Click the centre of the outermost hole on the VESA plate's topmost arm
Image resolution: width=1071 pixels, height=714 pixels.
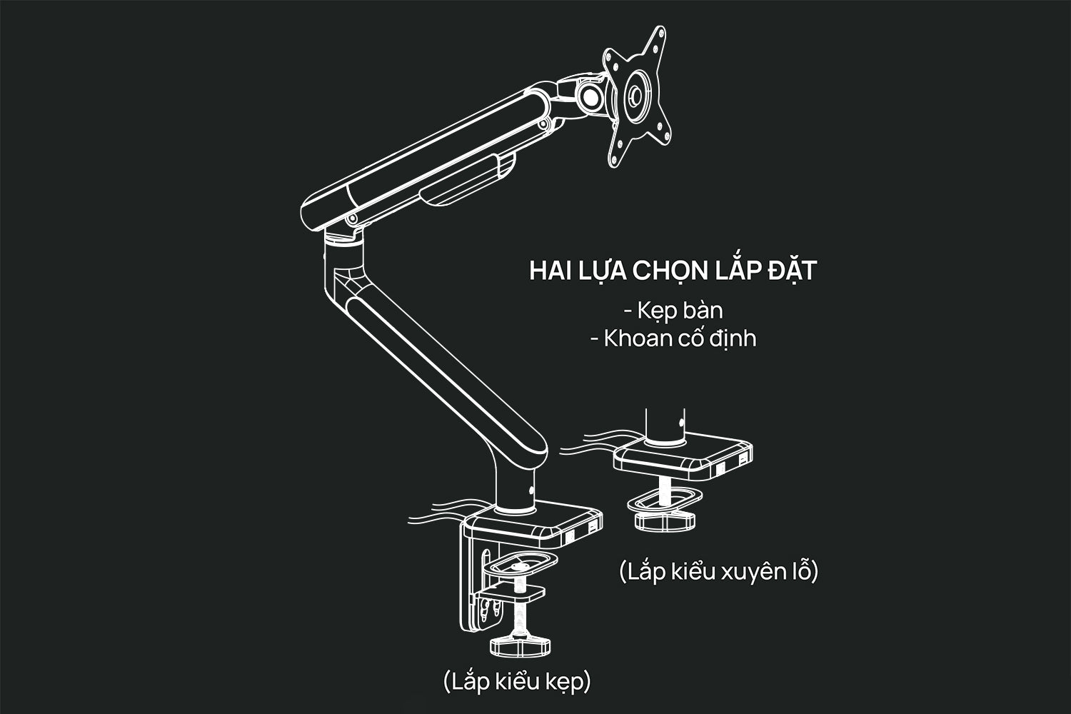tap(660, 34)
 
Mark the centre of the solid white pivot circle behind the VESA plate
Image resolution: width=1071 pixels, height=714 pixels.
tap(591, 97)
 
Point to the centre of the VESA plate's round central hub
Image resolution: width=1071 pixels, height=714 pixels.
tap(636, 96)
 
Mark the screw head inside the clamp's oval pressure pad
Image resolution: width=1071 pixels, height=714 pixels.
tap(520, 567)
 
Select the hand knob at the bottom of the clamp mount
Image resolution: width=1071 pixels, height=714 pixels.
tap(520, 645)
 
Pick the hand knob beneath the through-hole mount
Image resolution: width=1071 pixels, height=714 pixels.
tap(665, 521)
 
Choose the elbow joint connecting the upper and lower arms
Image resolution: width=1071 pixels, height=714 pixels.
tap(343, 261)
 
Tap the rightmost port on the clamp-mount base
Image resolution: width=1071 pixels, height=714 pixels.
tap(593, 531)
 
